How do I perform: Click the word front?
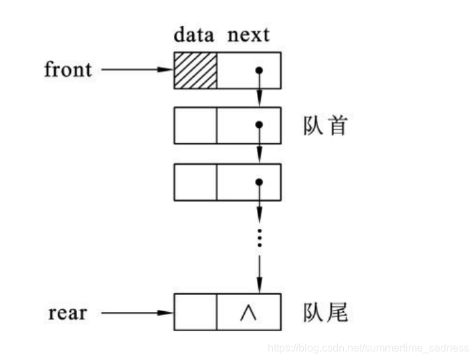tap(68, 70)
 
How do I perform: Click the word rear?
tap(68, 312)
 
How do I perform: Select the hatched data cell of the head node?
tap(195, 70)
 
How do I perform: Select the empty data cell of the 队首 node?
tap(195, 124)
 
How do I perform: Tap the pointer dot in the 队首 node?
tap(259, 125)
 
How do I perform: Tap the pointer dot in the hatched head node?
tap(259, 70)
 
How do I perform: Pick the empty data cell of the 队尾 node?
tap(195, 312)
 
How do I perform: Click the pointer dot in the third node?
tap(259, 181)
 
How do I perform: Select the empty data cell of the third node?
tap(195, 181)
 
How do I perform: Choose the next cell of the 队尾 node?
tap(248, 312)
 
